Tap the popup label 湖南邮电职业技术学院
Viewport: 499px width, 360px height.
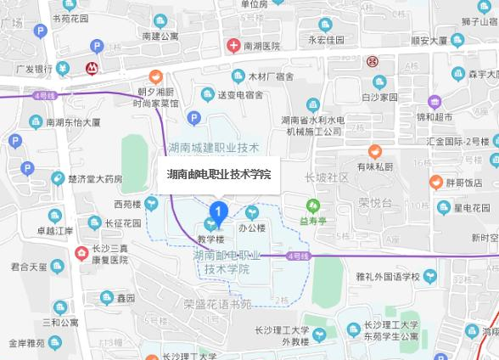(219, 174)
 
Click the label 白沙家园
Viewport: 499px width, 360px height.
(379, 97)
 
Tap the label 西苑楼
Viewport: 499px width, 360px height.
(128, 204)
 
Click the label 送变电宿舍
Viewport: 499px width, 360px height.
(240, 93)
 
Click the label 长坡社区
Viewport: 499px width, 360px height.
(327, 177)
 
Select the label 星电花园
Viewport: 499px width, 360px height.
(471, 207)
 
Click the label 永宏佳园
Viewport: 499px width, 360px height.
(326, 40)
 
